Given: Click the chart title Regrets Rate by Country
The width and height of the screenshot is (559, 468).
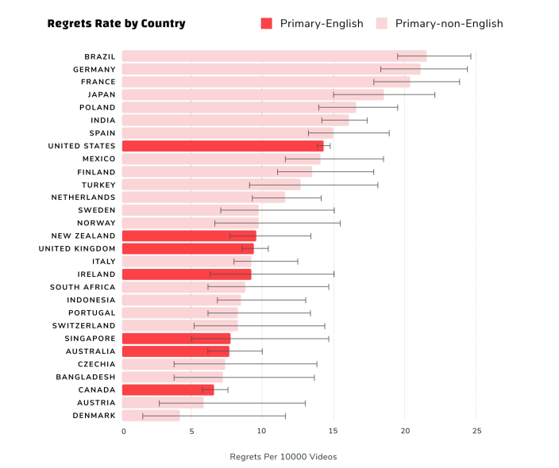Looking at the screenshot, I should click(x=116, y=23).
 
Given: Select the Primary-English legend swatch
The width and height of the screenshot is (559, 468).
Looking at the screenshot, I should click(x=266, y=24).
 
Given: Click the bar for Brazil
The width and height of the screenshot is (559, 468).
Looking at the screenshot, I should click(x=274, y=56).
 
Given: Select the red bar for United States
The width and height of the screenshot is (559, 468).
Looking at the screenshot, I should click(x=222, y=146).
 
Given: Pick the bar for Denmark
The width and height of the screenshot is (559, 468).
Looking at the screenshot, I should click(x=151, y=416).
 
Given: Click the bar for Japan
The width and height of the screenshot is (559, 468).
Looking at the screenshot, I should click(x=253, y=94).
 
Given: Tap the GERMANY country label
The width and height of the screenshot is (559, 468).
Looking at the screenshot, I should click(x=94, y=69).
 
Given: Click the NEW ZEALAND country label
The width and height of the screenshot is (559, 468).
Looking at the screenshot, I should click(x=83, y=236).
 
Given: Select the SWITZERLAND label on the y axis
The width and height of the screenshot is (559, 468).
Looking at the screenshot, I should click(x=84, y=325).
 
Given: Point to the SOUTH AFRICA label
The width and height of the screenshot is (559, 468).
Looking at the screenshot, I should click(x=83, y=287).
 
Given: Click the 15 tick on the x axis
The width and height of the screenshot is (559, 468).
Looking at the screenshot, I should click(x=334, y=431).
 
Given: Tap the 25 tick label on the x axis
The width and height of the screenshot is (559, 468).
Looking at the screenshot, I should click(x=476, y=431).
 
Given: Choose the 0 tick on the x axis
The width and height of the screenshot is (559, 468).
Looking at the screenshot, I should click(x=123, y=431).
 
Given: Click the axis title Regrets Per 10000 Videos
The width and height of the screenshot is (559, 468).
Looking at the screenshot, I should click(x=283, y=456).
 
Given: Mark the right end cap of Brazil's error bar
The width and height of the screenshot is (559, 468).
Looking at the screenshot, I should click(x=471, y=56).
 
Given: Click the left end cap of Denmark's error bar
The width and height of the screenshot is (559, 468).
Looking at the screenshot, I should click(x=143, y=416).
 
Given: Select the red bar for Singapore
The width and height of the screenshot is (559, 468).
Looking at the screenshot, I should click(x=176, y=339).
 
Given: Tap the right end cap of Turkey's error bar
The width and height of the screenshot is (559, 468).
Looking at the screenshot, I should click(x=378, y=184).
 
